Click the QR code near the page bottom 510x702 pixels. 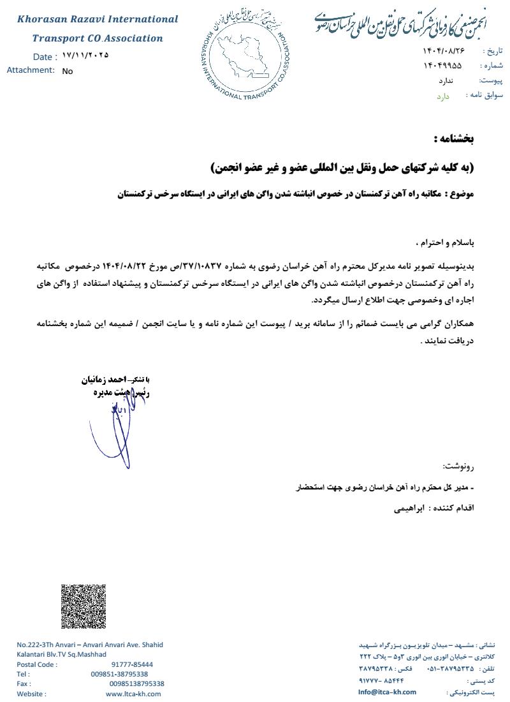[84, 606]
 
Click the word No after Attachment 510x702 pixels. [68, 71]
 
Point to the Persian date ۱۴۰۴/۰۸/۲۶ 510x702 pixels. [444, 50]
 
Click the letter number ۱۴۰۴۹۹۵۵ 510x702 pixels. [442, 66]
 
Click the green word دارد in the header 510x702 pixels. [443, 96]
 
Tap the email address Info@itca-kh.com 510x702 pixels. [387, 692]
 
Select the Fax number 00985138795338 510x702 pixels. [136, 683]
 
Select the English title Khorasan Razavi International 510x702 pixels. [98, 19]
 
